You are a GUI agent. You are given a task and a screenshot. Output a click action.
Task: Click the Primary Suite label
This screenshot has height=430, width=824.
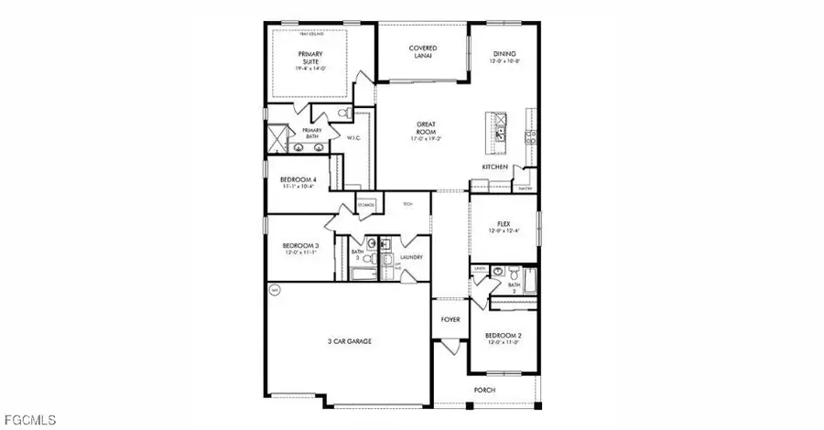pos(311,58)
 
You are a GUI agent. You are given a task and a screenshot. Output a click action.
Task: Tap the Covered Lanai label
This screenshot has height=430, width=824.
pos(422,51)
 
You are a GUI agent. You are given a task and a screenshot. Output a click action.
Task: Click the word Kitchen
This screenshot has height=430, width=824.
pos(495,167)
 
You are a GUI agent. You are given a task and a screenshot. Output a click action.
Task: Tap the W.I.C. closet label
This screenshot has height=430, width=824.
pos(354,138)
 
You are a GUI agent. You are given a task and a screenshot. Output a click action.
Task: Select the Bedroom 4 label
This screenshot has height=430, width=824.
pos(298,181)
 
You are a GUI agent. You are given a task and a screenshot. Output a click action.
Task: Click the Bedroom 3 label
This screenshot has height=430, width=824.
pos(300,248)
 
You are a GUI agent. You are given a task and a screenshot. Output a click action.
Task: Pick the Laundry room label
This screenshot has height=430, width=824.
pos(411,257)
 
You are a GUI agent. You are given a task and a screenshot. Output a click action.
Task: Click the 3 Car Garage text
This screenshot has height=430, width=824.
pos(350,341)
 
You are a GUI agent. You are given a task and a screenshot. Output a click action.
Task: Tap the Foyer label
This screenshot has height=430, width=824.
pos(450,320)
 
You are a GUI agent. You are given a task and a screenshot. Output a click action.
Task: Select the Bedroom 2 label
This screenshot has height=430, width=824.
pos(503,339)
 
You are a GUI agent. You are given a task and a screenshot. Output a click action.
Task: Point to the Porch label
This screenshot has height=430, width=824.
pos(483,390)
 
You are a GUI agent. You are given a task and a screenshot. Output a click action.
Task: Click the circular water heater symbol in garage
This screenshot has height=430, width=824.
pos(275,290)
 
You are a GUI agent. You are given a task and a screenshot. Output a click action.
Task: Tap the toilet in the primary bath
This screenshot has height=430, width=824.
pos(342,114)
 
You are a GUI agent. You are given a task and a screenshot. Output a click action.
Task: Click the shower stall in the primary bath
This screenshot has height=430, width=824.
pos(276,140)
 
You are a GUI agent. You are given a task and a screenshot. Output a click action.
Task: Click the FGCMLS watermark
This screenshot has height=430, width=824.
pos(28,420)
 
